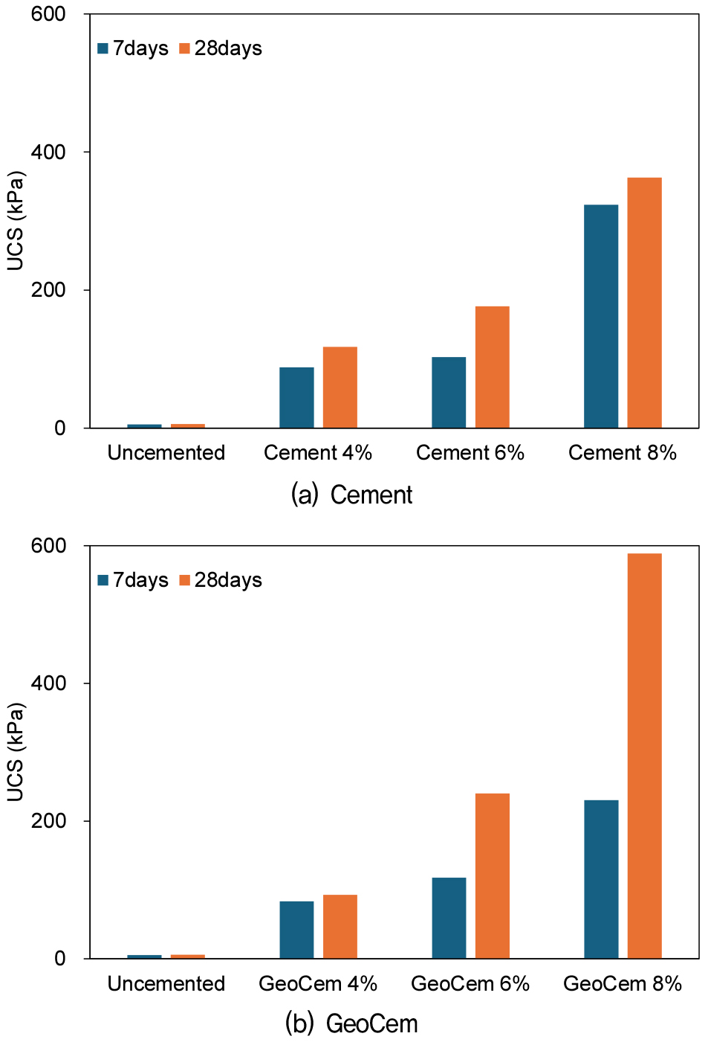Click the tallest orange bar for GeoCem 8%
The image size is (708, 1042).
point(644,755)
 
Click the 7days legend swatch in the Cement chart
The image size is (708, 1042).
point(103,49)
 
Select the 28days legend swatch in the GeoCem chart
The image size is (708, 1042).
point(185,580)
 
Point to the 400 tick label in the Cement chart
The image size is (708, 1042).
point(48,152)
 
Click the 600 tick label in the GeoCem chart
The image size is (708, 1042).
point(48,546)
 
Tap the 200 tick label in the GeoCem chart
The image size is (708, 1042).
point(48,821)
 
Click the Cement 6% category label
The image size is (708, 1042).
point(470,452)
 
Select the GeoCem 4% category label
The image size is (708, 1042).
point(317,983)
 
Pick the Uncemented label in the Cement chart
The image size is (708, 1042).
point(166,452)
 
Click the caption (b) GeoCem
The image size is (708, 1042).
point(351,1023)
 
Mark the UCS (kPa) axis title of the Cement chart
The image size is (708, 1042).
point(16,221)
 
